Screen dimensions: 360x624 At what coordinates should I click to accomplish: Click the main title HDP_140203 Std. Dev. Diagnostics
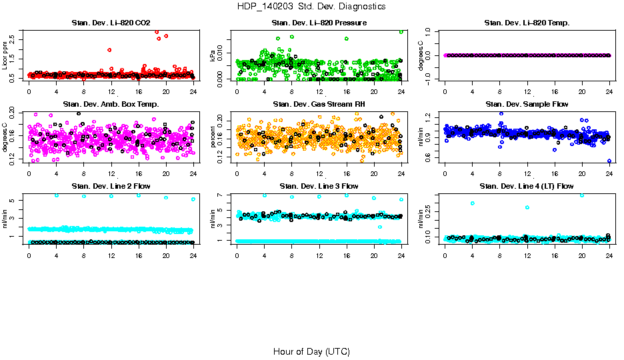tap(311, 7)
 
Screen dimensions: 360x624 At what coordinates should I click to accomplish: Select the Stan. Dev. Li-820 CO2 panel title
tap(111, 23)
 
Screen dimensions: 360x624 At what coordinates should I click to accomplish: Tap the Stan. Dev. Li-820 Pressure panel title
tap(319, 23)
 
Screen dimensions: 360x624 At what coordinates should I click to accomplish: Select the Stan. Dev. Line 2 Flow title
tap(111, 186)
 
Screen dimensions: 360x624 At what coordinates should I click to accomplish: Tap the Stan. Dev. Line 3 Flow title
tap(319, 186)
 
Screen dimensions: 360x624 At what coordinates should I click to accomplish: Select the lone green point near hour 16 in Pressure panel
tap(346, 39)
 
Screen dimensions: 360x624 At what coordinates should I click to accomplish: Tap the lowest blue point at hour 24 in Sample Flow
tap(609, 161)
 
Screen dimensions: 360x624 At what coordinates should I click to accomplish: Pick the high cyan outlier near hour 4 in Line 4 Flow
tap(473, 203)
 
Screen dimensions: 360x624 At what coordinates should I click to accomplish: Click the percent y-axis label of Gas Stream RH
tap(213, 137)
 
